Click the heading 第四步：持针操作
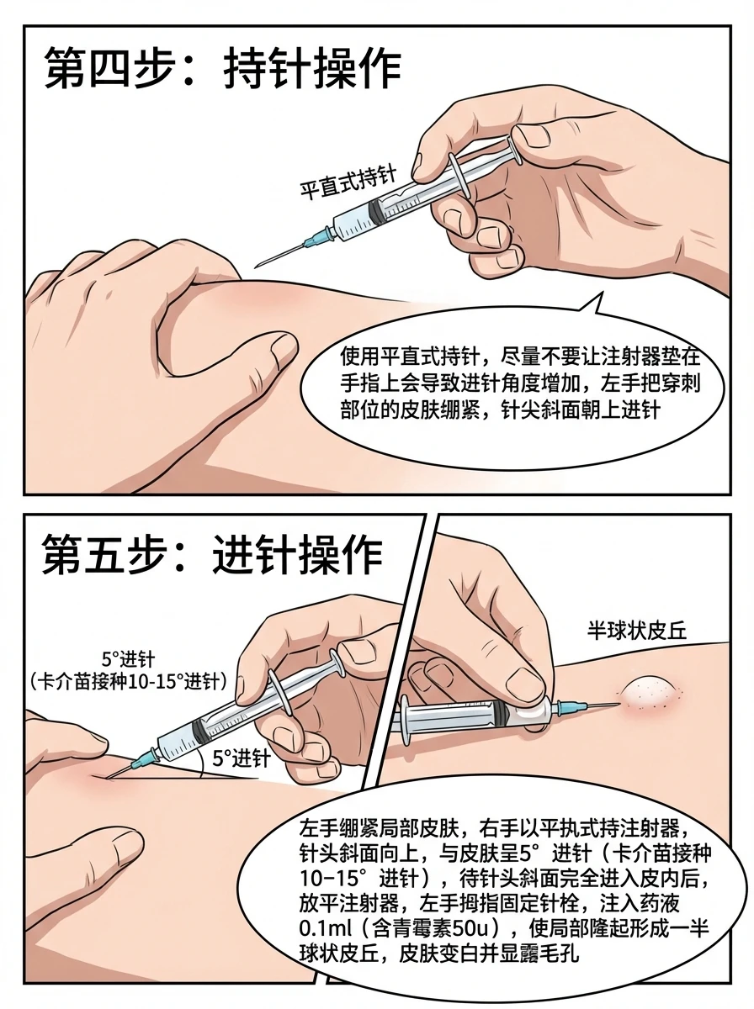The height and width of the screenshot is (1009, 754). [223, 70]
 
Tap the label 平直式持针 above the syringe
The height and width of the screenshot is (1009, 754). [348, 183]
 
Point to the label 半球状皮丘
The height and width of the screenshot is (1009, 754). [637, 631]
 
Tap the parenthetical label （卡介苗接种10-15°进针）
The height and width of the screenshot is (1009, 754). [129, 682]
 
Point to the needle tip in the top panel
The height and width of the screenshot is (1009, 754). [256, 267]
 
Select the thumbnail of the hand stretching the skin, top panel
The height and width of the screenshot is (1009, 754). [282, 351]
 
